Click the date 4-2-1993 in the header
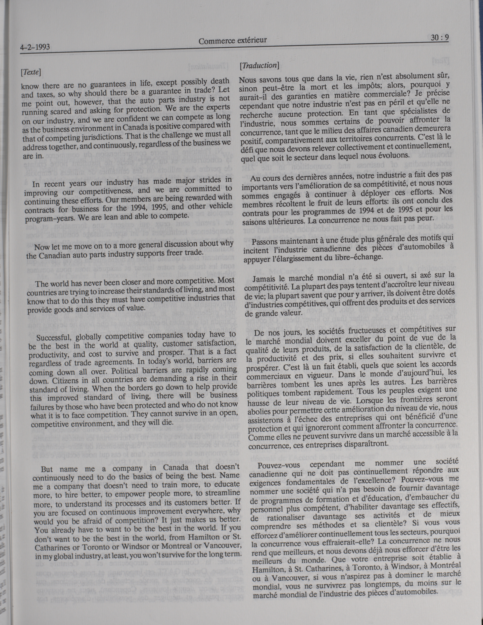(x=35, y=47)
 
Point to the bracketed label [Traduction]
(x=259, y=65)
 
